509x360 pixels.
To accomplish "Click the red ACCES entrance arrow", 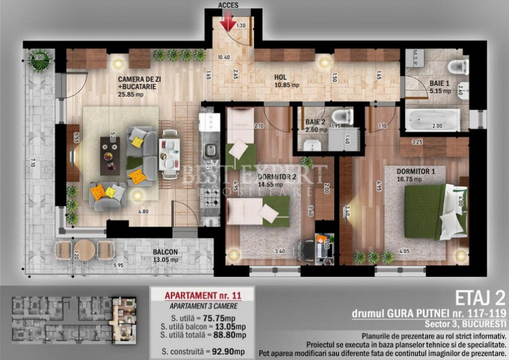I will coord(229,21).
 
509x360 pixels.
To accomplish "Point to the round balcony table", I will coord(85,249).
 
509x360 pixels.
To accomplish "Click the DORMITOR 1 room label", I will coord(416,172).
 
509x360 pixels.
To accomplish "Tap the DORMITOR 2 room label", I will coord(277,176).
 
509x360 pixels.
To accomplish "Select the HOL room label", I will coord(281,78).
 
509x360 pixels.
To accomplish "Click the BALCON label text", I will coord(166,252).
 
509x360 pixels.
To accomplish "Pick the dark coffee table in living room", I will coord(110,156).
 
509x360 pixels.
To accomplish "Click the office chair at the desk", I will coord(307,249).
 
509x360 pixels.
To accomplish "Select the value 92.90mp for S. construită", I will coord(227,352).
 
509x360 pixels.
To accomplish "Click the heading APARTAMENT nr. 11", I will coord(203,295).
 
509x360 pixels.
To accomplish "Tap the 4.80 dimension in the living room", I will coord(143,211).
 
